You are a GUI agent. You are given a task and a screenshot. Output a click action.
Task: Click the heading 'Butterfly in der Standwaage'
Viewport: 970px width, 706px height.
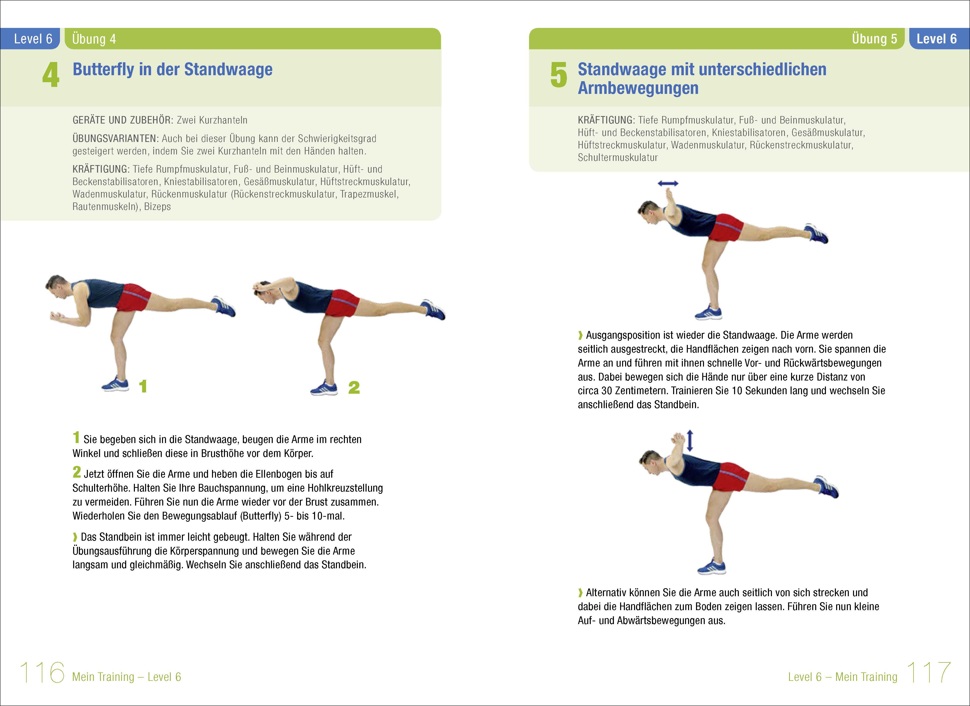pos(172,69)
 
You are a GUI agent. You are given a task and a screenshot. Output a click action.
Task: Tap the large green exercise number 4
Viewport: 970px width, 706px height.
pos(51,75)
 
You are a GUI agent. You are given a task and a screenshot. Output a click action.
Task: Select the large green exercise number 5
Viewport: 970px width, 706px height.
pos(559,75)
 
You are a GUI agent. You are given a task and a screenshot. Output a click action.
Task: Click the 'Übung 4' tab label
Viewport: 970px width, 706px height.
pos(94,39)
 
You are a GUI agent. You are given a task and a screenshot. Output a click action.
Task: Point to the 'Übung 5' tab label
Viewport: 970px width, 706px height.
pos(874,39)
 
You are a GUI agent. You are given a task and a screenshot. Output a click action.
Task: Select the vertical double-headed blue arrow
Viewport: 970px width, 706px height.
pos(690,441)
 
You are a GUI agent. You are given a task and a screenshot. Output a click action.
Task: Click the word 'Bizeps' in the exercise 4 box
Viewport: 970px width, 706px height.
pos(157,207)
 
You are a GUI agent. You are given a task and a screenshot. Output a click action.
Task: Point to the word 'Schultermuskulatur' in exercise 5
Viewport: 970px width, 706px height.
pos(618,157)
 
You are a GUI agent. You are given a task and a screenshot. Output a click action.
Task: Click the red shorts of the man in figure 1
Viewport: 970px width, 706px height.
pos(133,297)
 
